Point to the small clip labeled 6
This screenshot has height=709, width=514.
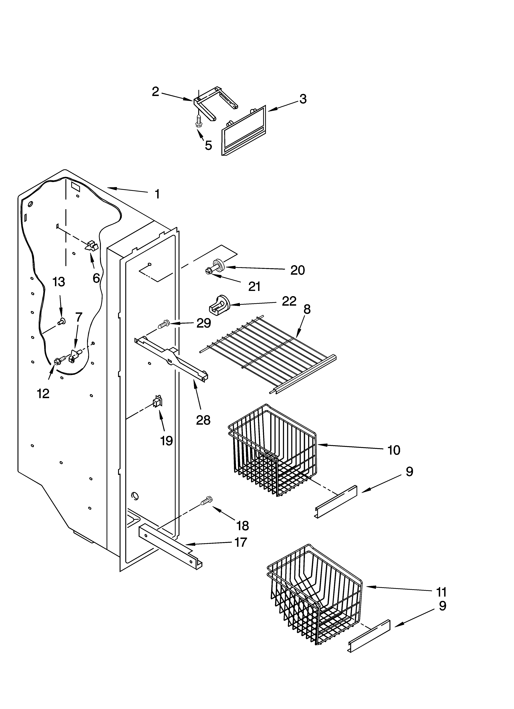pos(91,246)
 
